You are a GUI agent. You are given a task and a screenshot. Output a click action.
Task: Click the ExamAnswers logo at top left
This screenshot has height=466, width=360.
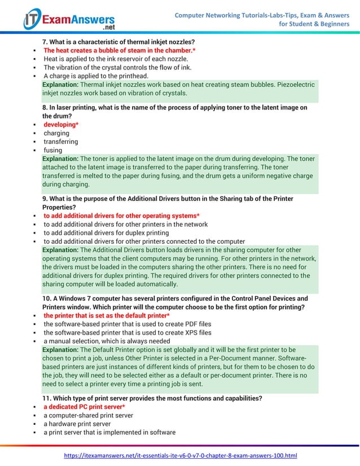click(x=69, y=20)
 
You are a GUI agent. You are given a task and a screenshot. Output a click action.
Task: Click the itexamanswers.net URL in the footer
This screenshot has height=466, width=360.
click(x=181, y=455)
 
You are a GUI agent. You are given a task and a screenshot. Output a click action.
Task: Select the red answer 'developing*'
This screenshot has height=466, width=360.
click(x=61, y=125)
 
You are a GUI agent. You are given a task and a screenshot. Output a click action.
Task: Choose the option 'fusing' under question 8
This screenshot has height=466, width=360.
click(x=53, y=151)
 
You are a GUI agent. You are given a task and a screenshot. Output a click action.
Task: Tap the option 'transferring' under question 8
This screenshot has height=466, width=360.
click(x=61, y=142)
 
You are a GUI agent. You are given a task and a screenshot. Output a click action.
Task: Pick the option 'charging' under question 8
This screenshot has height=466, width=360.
click(x=56, y=133)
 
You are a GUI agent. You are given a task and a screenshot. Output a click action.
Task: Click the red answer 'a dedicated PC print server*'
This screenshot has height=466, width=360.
click(x=84, y=407)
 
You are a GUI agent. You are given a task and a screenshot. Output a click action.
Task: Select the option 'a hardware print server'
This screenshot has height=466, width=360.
click(x=77, y=424)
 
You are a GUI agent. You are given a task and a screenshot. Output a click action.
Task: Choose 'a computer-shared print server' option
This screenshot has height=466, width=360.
click(x=88, y=415)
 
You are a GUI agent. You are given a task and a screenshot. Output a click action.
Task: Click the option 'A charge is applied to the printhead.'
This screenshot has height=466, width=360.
click(x=96, y=76)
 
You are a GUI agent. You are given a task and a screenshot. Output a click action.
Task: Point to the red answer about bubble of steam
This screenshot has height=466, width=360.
click(x=120, y=50)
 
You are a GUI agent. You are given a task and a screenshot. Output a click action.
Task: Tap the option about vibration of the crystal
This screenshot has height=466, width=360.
click(x=117, y=68)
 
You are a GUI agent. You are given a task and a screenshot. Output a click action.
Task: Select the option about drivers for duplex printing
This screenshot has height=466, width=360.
click(x=106, y=233)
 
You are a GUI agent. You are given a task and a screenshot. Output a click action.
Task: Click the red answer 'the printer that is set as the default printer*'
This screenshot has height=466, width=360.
click(x=107, y=315)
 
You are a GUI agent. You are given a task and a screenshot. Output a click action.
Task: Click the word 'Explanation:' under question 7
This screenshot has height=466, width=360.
click(x=60, y=85)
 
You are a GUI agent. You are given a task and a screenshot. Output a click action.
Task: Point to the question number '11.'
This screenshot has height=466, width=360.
click(x=47, y=398)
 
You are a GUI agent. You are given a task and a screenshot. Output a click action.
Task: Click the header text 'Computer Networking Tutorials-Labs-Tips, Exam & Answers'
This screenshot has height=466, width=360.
click(x=262, y=15)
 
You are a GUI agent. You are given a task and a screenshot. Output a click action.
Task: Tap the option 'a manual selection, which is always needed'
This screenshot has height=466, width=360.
click(x=107, y=341)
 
